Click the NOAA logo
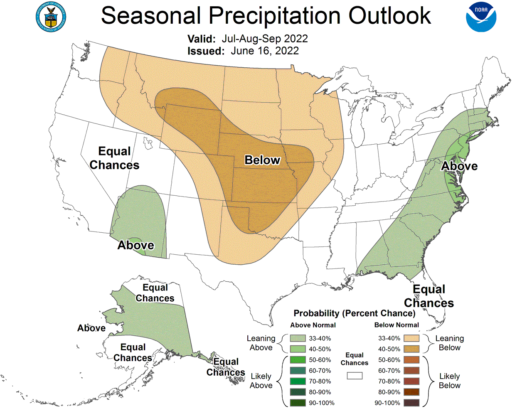click(x=481, y=17)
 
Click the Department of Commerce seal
click(x=51, y=17)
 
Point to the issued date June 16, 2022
click(x=265, y=51)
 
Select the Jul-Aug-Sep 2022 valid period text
click(x=265, y=39)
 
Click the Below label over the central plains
click(x=262, y=160)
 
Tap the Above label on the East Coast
click(x=459, y=166)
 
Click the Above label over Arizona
click(x=135, y=245)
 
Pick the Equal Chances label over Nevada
click(x=114, y=158)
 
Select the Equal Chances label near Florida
click(x=429, y=296)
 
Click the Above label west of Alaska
click(x=91, y=328)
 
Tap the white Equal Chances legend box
click(x=355, y=376)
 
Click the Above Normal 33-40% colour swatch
click(x=298, y=338)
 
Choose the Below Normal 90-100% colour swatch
click(x=411, y=403)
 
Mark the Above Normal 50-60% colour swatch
click(x=298, y=360)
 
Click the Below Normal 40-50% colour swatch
click(x=411, y=349)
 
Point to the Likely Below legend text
click(x=450, y=381)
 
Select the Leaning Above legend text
click(x=261, y=343)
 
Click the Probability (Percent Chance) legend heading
click(x=354, y=313)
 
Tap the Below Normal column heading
click(x=397, y=325)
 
